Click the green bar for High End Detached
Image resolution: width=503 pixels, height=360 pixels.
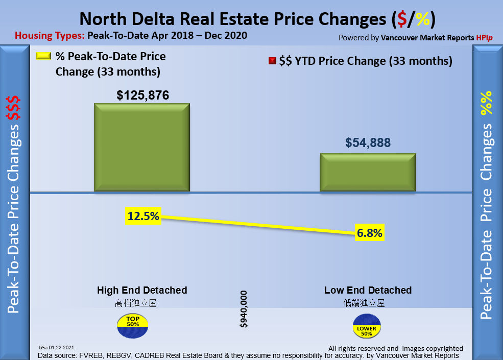(141, 148)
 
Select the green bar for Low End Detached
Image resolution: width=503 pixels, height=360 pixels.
(368, 173)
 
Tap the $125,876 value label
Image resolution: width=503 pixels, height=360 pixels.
(142, 95)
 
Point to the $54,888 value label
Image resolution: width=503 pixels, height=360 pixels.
(368, 143)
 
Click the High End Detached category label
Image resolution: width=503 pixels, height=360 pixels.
(142, 290)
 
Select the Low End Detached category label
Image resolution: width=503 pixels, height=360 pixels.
(368, 290)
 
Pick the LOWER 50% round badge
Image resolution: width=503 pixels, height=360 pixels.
(367, 325)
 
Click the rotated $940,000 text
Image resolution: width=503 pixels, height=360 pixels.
(244, 309)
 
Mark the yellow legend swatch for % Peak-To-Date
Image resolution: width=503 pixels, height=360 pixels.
(43, 56)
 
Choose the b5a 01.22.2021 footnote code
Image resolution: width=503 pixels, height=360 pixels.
(60, 347)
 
